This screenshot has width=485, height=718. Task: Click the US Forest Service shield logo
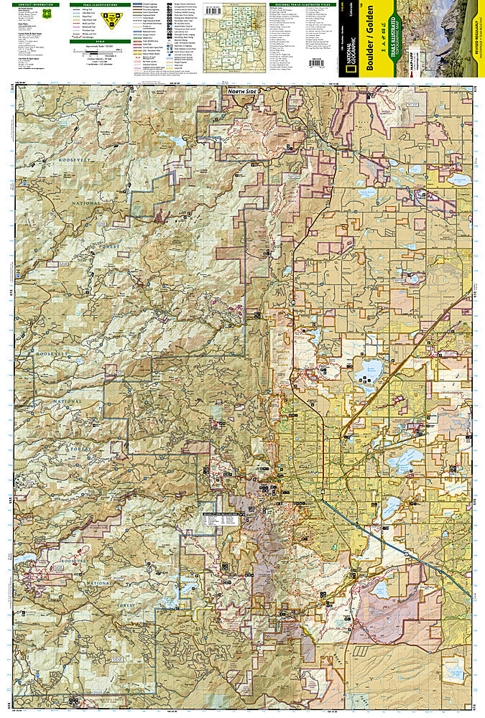tap(47, 14)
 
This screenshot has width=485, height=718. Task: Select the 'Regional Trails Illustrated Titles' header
tap(302, 4)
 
